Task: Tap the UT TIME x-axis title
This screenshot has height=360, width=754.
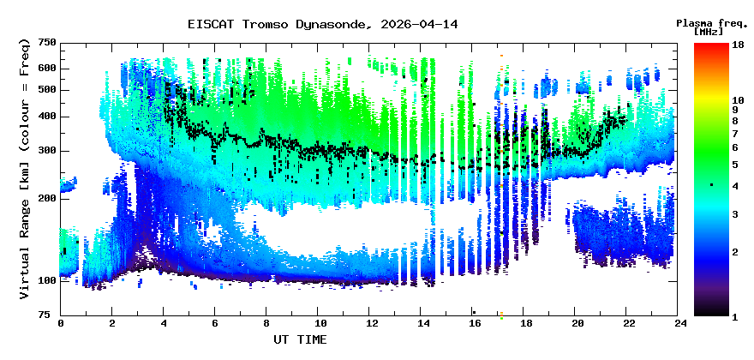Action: [300, 339]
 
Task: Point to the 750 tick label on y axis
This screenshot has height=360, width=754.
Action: [47, 43]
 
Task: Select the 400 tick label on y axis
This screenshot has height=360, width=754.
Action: [47, 117]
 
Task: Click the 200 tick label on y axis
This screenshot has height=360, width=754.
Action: [47, 198]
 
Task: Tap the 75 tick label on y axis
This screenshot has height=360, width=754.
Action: [51, 315]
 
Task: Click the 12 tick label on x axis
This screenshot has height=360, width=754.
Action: [371, 323]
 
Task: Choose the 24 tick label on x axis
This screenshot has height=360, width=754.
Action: [680, 323]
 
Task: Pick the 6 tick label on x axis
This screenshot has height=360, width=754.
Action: [215, 323]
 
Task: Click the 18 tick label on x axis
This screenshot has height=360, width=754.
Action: [526, 323]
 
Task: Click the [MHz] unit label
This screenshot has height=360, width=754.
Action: [710, 32]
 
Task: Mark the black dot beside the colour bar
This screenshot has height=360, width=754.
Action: [711, 185]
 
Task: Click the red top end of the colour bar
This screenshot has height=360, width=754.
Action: [710, 46]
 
